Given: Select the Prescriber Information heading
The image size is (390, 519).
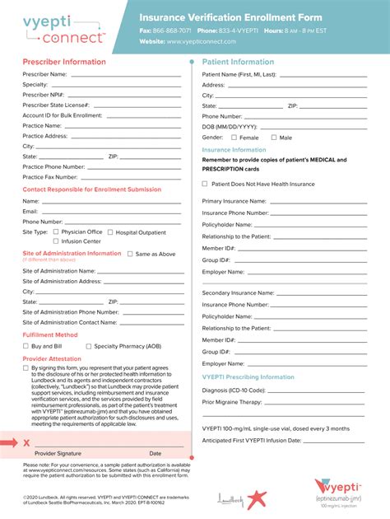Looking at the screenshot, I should [x=64, y=62].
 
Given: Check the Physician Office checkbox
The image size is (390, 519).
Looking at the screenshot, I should [x=56, y=232].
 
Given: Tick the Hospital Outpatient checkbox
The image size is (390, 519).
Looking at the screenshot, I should [x=109, y=232].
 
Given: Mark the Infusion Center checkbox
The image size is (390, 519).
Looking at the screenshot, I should [x=56, y=241].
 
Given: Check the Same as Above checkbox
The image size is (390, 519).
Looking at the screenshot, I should [x=130, y=254].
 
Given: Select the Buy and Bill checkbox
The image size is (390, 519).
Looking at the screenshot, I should [x=26, y=346].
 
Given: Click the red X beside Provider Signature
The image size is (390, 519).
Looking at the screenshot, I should [x=26, y=443].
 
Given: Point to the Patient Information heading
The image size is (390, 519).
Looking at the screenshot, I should [x=238, y=62].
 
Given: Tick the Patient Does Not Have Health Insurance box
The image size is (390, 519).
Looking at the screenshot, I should [x=205, y=185].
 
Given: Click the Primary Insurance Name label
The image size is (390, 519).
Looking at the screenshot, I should [x=234, y=201].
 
